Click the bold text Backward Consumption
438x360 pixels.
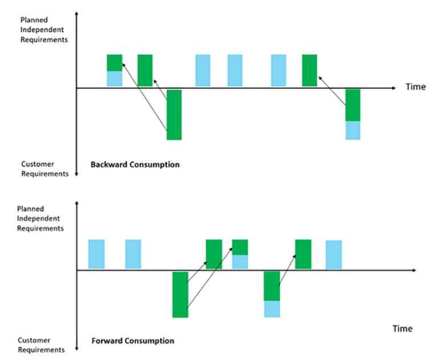pos(135,165)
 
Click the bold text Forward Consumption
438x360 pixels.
pos(133,341)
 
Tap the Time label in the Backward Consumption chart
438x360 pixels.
pos(415,87)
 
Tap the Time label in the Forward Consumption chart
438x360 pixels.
pos(402,329)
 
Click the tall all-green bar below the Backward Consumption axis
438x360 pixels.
pos(174,114)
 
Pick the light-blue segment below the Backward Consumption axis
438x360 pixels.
pos(353,131)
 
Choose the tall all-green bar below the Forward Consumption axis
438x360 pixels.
pos(180,294)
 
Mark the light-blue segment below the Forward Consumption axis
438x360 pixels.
pos(272,309)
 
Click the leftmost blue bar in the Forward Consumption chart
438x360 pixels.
pos(96,254)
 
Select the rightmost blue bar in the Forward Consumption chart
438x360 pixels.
pos(334,254)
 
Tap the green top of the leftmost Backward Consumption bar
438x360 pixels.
pos(115,62)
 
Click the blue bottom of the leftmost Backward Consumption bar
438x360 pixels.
pos(115,79)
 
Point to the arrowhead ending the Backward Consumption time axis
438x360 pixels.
pos(393,88)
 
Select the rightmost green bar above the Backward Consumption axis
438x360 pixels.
pos(309,70)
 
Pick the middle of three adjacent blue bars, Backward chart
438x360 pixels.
pos(235,70)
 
